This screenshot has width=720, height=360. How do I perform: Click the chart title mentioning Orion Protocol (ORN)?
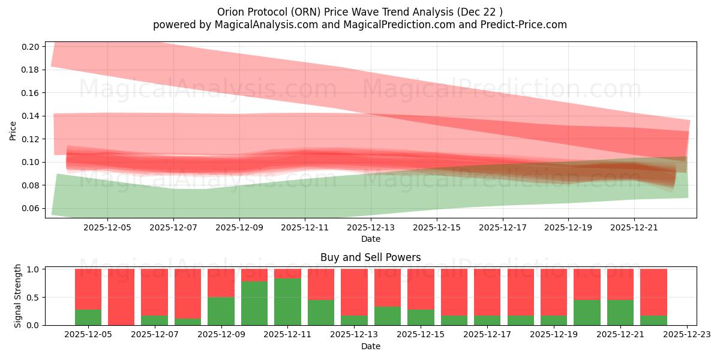click(x=359, y=11)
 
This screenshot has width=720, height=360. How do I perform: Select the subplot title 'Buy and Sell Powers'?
click(x=370, y=257)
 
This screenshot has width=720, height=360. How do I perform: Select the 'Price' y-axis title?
click(x=13, y=130)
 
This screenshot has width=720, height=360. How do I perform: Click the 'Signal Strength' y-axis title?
click(x=18, y=296)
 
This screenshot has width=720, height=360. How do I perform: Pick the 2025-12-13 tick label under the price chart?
click(x=371, y=228)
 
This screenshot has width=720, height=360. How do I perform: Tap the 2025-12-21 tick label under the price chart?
click(x=634, y=228)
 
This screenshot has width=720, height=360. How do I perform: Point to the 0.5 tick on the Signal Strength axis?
click(x=35, y=297)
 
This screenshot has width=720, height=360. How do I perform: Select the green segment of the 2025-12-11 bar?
click(x=287, y=302)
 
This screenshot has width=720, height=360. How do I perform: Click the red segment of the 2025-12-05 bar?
click(x=88, y=289)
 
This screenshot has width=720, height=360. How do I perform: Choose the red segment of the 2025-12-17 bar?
click(x=487, y=292)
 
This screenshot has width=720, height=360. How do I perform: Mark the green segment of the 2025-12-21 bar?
click(x=620, y=312)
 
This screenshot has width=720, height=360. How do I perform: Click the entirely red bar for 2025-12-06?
click(x=121, y=297)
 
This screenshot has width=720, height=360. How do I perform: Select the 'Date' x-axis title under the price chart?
click(x=370, y=239)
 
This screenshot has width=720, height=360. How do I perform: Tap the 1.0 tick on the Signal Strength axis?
click(x=35, y=269)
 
